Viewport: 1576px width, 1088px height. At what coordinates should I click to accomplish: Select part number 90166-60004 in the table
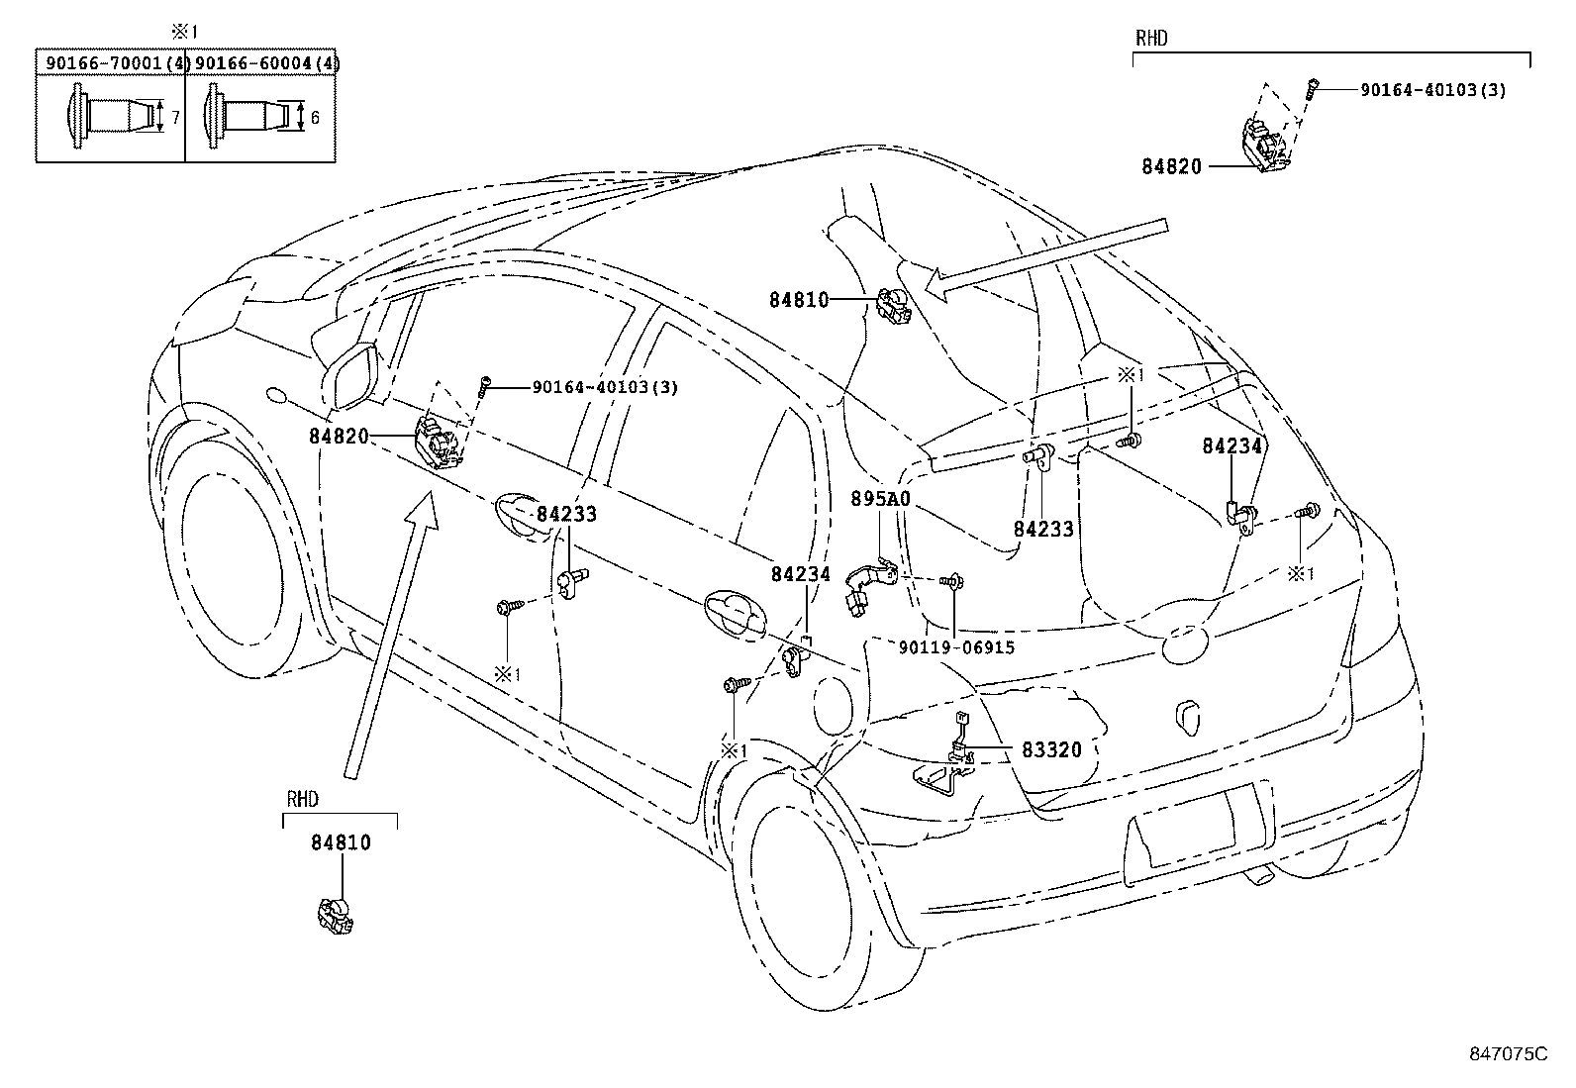coord(259,63)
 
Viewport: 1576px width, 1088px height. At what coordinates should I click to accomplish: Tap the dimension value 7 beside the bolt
coord(175,118)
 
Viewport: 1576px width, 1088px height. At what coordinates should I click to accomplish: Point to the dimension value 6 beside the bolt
coord(315,118)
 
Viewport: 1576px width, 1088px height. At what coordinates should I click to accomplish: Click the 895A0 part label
coord(880,500)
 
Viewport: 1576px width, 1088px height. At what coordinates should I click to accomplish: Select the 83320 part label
coord(1051,750)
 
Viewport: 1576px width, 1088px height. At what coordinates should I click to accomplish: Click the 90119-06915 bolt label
coord(956,647)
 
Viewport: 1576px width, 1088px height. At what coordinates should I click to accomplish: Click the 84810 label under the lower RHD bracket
coord(341,842)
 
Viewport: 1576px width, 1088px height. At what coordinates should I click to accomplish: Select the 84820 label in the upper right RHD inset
coord(1171,166)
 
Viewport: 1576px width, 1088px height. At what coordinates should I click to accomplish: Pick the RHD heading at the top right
coord(1151,39)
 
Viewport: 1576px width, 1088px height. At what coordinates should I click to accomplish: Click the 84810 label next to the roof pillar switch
coord(799,299)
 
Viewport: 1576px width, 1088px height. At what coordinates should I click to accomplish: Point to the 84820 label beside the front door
coord(339,436)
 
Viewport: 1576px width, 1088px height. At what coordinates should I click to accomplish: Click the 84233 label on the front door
coord(566,515)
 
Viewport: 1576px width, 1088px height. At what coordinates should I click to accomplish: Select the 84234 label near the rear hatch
coord(1232,446)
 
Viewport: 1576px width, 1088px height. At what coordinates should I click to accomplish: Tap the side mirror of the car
coord(350,376)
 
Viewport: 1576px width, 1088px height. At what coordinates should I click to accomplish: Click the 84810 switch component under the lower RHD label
coord(336,915)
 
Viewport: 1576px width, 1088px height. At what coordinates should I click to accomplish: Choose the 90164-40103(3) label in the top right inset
coord(1432,90)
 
